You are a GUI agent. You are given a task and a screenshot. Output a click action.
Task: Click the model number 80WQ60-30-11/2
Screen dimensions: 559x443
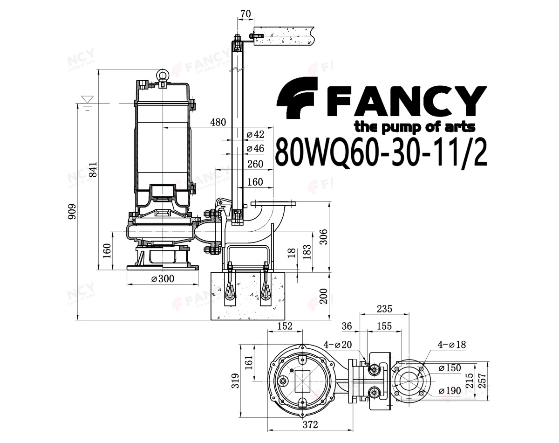coord(381,153)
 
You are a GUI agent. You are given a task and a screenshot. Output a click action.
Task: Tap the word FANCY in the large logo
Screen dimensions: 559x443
coord(406,102)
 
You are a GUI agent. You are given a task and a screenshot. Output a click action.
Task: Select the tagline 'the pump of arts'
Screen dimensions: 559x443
coord(415,128)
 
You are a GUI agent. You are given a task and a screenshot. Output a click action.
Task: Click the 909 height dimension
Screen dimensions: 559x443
coord(72,211)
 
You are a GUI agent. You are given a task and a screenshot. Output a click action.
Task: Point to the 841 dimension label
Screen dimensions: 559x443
coord(93,169)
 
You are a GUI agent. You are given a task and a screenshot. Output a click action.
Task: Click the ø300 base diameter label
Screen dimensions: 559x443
coord(163,279)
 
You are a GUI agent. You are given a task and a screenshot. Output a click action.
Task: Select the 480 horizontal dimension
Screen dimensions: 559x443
coord(218,122)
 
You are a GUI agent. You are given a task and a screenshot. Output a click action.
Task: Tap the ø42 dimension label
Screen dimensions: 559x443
coord(255,134)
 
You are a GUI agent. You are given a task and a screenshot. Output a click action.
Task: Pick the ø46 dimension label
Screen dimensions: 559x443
coord(255,149)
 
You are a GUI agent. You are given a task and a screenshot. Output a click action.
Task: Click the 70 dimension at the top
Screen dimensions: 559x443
coord(246,14)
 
